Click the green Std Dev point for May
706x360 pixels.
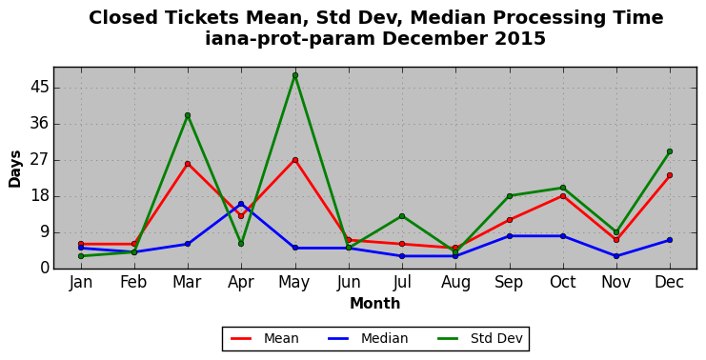tap(295, 75)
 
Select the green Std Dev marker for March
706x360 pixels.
tap(188, 115)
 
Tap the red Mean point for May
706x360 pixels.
tap(295, 160)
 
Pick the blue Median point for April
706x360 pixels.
tap(241, 204)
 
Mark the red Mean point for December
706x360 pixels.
tap(670, 175)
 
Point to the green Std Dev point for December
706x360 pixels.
tap(670, 151)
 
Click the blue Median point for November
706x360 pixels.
tap(616, 256)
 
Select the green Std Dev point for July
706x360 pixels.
tap(402, 216)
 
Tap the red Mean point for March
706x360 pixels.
tap(188, 164)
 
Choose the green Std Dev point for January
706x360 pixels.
tap(81, 256)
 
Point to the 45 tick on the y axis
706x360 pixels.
tap(39, 88)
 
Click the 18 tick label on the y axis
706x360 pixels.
tap(39, 196)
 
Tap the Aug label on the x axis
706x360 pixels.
tap(455, 283)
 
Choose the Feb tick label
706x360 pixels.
tap(133, 282)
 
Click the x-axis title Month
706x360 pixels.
tap(375, 303)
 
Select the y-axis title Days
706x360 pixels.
tap(15, 170)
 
